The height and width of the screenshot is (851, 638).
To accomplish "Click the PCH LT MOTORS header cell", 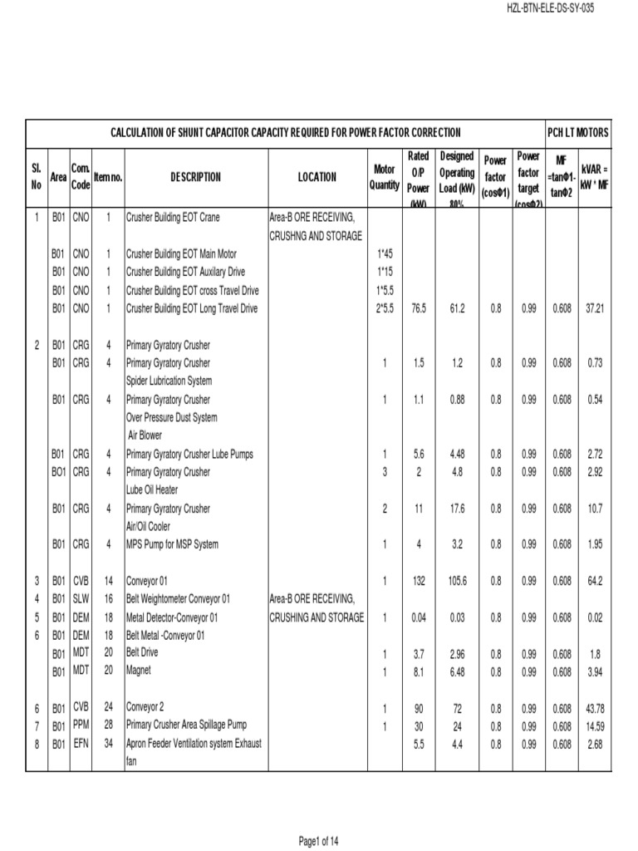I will pyautogui.click(x=577, y=132).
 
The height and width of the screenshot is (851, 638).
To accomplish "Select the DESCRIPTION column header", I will pyautogui.click(x=196, y=177).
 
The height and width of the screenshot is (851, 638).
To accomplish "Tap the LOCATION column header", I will pyautogui.click(x=317, y=177).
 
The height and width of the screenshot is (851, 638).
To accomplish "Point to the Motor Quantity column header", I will pyautogui.click(x=384, y=177).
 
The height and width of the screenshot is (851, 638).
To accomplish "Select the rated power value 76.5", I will pyautogui.click(x=419, y=308).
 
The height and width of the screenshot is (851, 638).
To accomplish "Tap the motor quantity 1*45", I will pyautogui.click(x=384, y=254).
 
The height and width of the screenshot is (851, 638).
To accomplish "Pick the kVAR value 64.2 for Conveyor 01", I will pyautogui.click(x=595, y=581).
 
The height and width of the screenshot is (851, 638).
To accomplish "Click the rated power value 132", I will pyautogui.click(x=419, y=581).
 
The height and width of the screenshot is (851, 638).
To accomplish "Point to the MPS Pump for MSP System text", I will pyautogui.click(x=172, y=544).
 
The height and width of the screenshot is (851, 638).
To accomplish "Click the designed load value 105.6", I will pyautogui.click(x=457, y=581).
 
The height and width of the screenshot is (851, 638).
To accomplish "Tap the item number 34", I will pyautogui.click(x=108, y=744).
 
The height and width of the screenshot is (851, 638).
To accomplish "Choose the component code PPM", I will pyautogui.click(x=81, y=726).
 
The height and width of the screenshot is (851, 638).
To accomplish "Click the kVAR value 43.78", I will pyautogui.click(x=594, y=708).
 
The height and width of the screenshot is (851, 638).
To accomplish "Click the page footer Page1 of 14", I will pyautogui.click(x=318, y=841).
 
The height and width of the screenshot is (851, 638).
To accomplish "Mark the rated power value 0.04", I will pyautogui.click(x=419, y=617).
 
